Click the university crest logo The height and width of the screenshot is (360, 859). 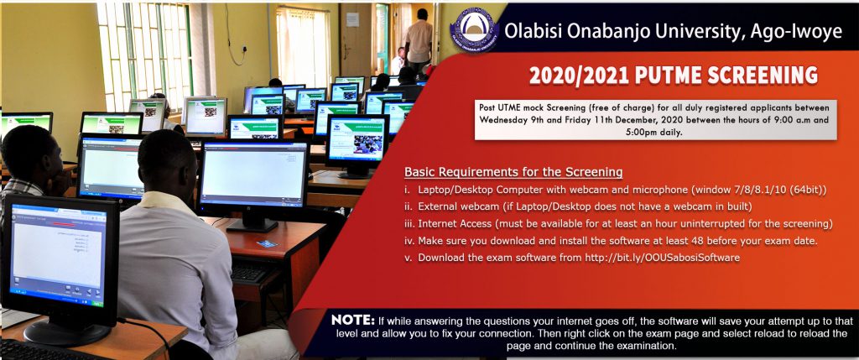(473, 30)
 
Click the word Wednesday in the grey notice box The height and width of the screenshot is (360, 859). (502, 119)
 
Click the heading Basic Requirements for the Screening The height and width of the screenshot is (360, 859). (513, 172)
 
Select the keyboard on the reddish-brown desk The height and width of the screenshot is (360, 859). (249, 272)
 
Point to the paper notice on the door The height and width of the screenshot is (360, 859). (352, 20)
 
